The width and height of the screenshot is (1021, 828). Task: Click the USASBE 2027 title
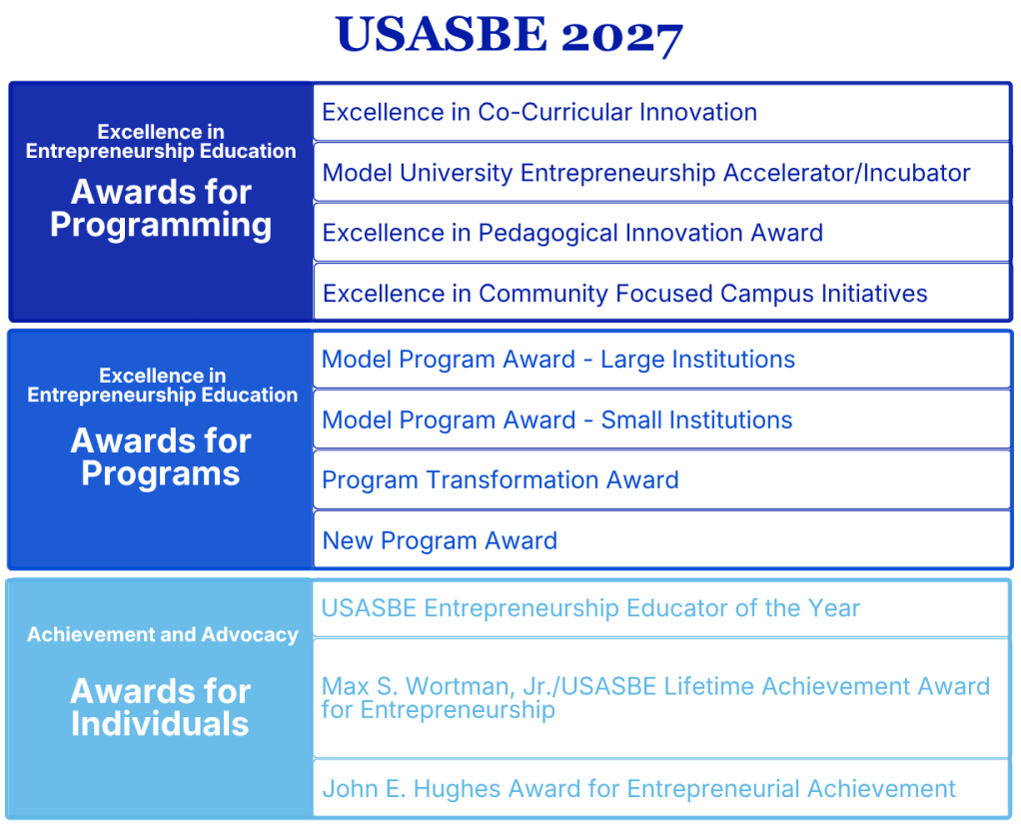pyautogui.click(x=510, y=35)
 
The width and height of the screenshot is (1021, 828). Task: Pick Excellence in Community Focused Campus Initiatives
pyautogui.click(x=624, y=294)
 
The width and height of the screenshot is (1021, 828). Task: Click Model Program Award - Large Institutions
pyautogui.click(x=558, y=360)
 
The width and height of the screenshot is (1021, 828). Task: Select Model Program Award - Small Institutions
pyautogui.click(x=556, y=419)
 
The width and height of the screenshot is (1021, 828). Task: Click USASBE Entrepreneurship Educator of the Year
pyautogui.click(x=590, y=608)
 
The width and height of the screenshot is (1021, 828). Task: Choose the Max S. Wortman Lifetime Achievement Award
pyautogui.click(x=655, y=698)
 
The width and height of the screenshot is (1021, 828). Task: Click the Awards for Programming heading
pyautogui.click(x=161, y=209)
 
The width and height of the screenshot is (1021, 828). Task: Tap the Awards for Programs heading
pyautogui.click(x=161, y=457)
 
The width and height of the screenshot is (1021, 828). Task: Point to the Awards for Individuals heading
pyautogui.click(x=160, y=707)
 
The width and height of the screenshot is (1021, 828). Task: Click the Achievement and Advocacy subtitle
pyautogui.click(x=163, y=634)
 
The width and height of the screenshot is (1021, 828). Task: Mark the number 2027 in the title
pyautogui.click(x=621, y=37)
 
